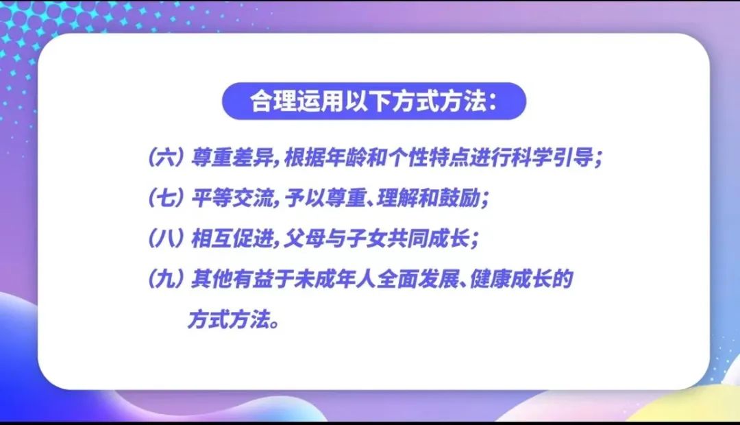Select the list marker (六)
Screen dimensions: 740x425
[166, 157]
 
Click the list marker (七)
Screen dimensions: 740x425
[166, 198]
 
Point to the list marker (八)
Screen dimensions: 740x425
[166, 239]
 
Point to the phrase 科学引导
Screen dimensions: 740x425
[552, 157]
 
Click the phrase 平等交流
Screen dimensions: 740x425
[232, 198]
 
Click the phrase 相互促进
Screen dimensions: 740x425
[232, 239]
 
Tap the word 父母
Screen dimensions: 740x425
[304, 239]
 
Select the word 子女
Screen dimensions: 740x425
[366, 239]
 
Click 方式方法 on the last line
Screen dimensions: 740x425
[229, 319]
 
